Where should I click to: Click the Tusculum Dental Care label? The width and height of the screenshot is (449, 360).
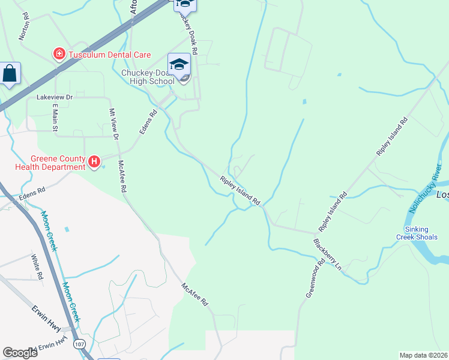click(x=109, y=55)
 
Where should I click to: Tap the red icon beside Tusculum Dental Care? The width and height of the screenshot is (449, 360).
click(x=59, y=55)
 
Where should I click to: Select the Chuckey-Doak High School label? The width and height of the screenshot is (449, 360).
click(x=148, y=77)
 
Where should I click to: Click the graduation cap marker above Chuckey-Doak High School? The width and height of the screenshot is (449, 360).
click(x=179, y=64)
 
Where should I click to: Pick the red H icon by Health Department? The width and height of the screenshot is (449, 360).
click(x=94, y=161)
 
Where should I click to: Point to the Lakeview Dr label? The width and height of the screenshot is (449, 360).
click(x=54, y=97)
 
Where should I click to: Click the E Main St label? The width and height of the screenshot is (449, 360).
click(x=55, y=117)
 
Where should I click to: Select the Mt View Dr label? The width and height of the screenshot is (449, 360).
click(x=113, y=125)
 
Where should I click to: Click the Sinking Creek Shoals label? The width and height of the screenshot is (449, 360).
click(x=420, y=233)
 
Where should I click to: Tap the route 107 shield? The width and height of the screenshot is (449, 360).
click(x=79, y=344)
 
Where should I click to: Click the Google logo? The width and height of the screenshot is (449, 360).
click(x=20, y=353)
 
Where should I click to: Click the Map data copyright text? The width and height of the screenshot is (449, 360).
click(x=423, y=355)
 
